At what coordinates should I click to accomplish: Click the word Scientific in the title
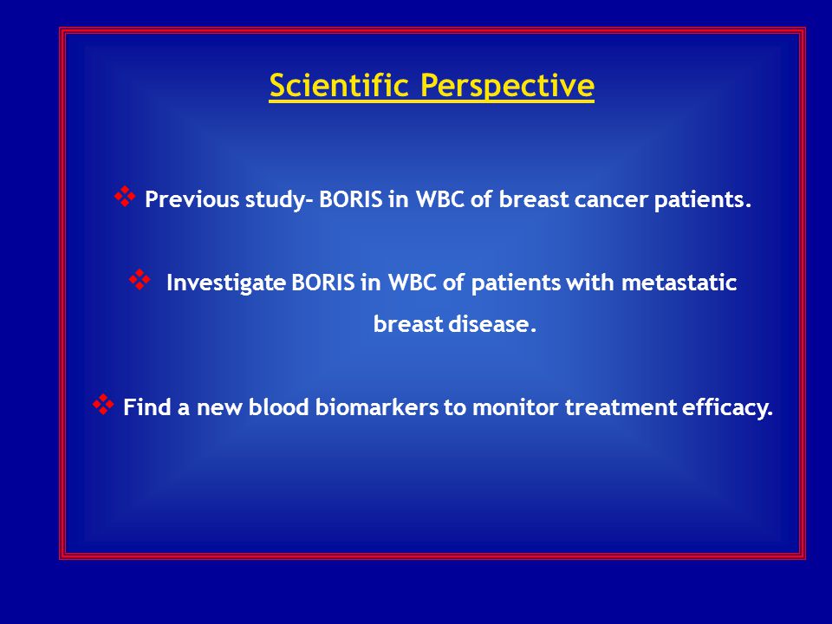click(339, 85)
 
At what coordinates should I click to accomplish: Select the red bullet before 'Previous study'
click(125, 197)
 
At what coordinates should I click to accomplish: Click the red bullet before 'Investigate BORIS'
click(140, 280)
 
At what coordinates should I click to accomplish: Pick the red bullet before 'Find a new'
click(103, 405)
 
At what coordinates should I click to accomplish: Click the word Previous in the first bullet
click(192, 199)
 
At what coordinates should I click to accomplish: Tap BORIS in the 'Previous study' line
click(351, 199)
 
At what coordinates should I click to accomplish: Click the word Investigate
click(226, 283)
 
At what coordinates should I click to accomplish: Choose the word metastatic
click(679, 283)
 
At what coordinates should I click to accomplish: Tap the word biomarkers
click(377, 407)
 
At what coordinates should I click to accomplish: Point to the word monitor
click(515, 407)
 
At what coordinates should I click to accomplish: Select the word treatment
click(621, 408)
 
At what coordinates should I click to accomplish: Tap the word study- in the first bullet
click(280, 200)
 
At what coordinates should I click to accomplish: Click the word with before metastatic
click(591, 283)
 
